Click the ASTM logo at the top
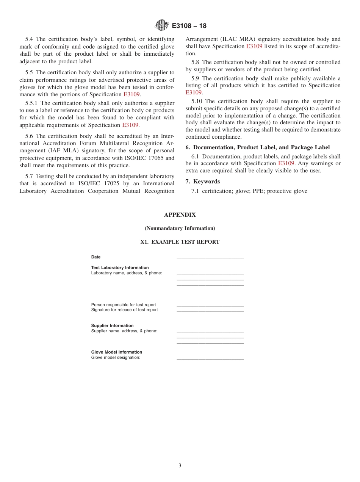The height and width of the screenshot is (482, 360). pyautogui.click(x=161, y=25)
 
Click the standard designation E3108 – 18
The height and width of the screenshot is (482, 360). pyautogui.click(x=189, y=26)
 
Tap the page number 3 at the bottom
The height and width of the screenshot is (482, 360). pyautogui.click(x=180, y=465)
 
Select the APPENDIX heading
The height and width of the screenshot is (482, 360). pyautogui.click(x=180, y=215)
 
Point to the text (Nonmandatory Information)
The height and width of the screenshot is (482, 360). pyautogui.click(x=180, y=228)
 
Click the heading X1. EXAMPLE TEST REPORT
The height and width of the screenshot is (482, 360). pyautogui.click(x=180, y=242)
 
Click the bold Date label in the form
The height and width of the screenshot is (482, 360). pyautogui.click(x=96, y=257)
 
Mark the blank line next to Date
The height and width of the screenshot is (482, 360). pyautogui.click(x=210, y=258)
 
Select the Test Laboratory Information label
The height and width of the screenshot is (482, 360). pyautogui.click(x=120, y=268)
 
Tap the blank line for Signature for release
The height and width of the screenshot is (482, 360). pyautogui.click(x=210, y=311)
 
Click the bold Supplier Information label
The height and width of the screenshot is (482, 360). pyautogui.click(x=112, y=326)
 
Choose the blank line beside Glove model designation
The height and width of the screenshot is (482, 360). pyautogui.click(x=210, y=358)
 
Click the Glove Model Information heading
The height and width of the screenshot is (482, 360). pyautogui.click(x=116, y=352)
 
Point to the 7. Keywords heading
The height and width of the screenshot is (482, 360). pyautogui.click(x=203, y=182)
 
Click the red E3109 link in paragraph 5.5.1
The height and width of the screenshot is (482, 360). pyautogui.click(x=130, y=125)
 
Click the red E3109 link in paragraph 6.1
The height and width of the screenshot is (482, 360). pyautogui.click(x=286, y=163)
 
